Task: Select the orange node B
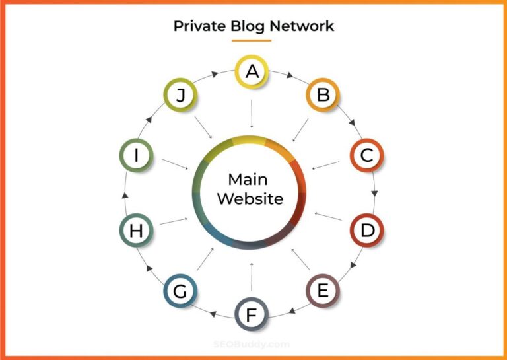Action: (323, 96)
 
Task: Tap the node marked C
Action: (366, 156)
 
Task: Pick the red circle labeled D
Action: (366, 231)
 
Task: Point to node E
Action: (323, 291)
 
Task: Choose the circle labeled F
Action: (252, 314)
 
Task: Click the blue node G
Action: (180, 291)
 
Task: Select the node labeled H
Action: (137, 231)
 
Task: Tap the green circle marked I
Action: (137, 156)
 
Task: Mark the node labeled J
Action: (180, 96)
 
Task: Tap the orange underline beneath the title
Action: (252, 41)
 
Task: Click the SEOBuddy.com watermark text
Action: (252, 343)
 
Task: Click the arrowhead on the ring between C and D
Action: (374, 194)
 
